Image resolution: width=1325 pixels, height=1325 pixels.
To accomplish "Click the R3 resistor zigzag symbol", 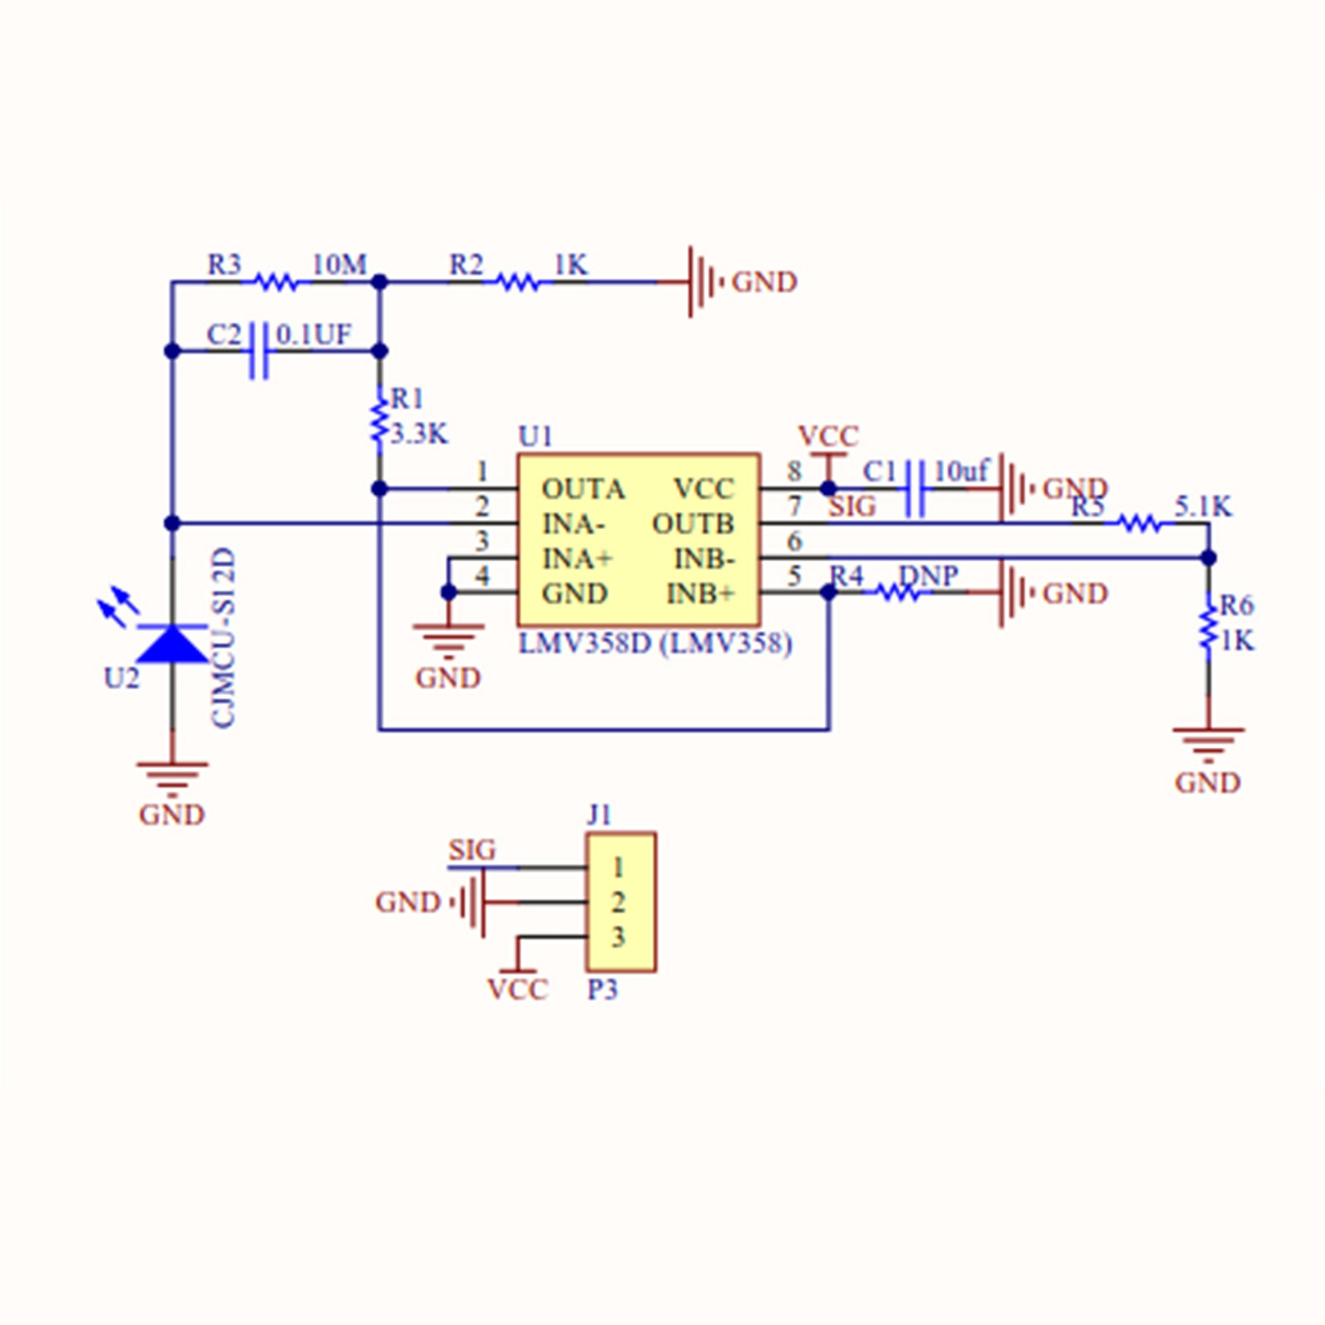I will click(x=275, y=282).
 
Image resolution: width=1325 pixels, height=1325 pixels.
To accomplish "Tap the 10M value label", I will click(x=339, y=265).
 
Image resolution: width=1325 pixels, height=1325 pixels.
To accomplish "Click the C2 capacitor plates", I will click(x=259, y=351).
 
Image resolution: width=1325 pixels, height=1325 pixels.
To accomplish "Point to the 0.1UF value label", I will click(x=314, y=335).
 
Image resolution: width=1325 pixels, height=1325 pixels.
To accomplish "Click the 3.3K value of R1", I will click(x=419, y=434).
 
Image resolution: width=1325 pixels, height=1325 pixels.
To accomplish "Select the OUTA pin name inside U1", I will click(x=582, y=489).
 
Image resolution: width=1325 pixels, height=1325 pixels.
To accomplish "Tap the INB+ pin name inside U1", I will click(x=701, y=594).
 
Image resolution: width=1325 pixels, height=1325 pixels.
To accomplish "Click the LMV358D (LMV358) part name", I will click(x=655, y=643).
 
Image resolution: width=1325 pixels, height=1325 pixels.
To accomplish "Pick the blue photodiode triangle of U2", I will click(x=172, y=644).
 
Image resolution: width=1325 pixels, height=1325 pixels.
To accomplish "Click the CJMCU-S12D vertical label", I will click(x=224, y=638).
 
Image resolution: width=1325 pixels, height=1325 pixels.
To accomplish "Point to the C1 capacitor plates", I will click(x=915, y=489).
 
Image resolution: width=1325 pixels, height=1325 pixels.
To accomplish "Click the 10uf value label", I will click(x=961, y=471).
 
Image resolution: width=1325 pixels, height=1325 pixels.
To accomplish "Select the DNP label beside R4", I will click(x=928, y=575).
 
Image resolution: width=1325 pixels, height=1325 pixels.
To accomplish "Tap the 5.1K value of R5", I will click(x=1202, y=506).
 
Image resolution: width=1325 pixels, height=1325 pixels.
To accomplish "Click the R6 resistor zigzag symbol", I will click(x=1208, y=625).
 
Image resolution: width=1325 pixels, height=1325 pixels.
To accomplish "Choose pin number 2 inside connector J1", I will click(x=618, y=902).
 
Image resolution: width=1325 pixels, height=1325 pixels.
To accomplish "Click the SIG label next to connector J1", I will click(x=472, y=850).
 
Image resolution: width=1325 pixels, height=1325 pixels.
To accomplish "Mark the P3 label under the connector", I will click(x=603, y=990).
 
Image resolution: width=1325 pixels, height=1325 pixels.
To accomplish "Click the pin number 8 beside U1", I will click(x=794, y=471).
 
